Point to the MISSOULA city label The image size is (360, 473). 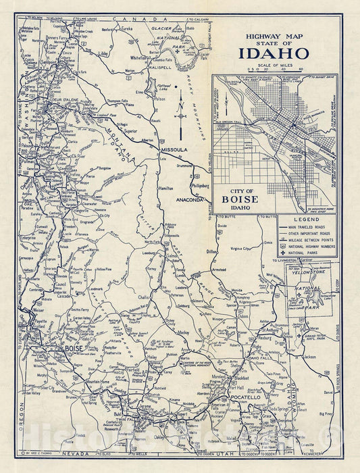coord(174,149)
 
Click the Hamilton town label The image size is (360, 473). coord(166,189)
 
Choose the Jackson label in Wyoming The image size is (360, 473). coord(311,355)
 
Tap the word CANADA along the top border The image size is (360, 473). coord(156,19)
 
